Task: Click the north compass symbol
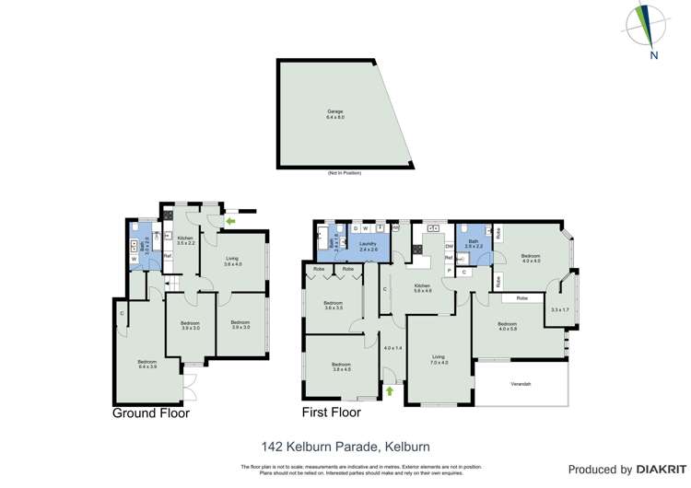click(x=651, y=28)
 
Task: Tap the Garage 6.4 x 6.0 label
click(x=334, y=115)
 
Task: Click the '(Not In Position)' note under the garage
click(x=344, y=173)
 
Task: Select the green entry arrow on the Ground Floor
click(x=229, y=221)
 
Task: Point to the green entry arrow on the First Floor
click(x=389, y=391)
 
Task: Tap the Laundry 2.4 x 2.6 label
click(x=369, y=247)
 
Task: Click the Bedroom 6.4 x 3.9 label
click(x=146, y=365)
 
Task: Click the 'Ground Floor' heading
click(x=151, y=413)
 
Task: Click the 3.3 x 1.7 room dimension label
click(x=560, y=309)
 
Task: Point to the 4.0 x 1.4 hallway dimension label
click(x=393, y=348)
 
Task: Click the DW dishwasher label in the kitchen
click(x=449, y=246)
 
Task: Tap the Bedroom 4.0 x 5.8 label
click(x=508, y=326)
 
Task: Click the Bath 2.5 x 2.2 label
click(x=474, y=246)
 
